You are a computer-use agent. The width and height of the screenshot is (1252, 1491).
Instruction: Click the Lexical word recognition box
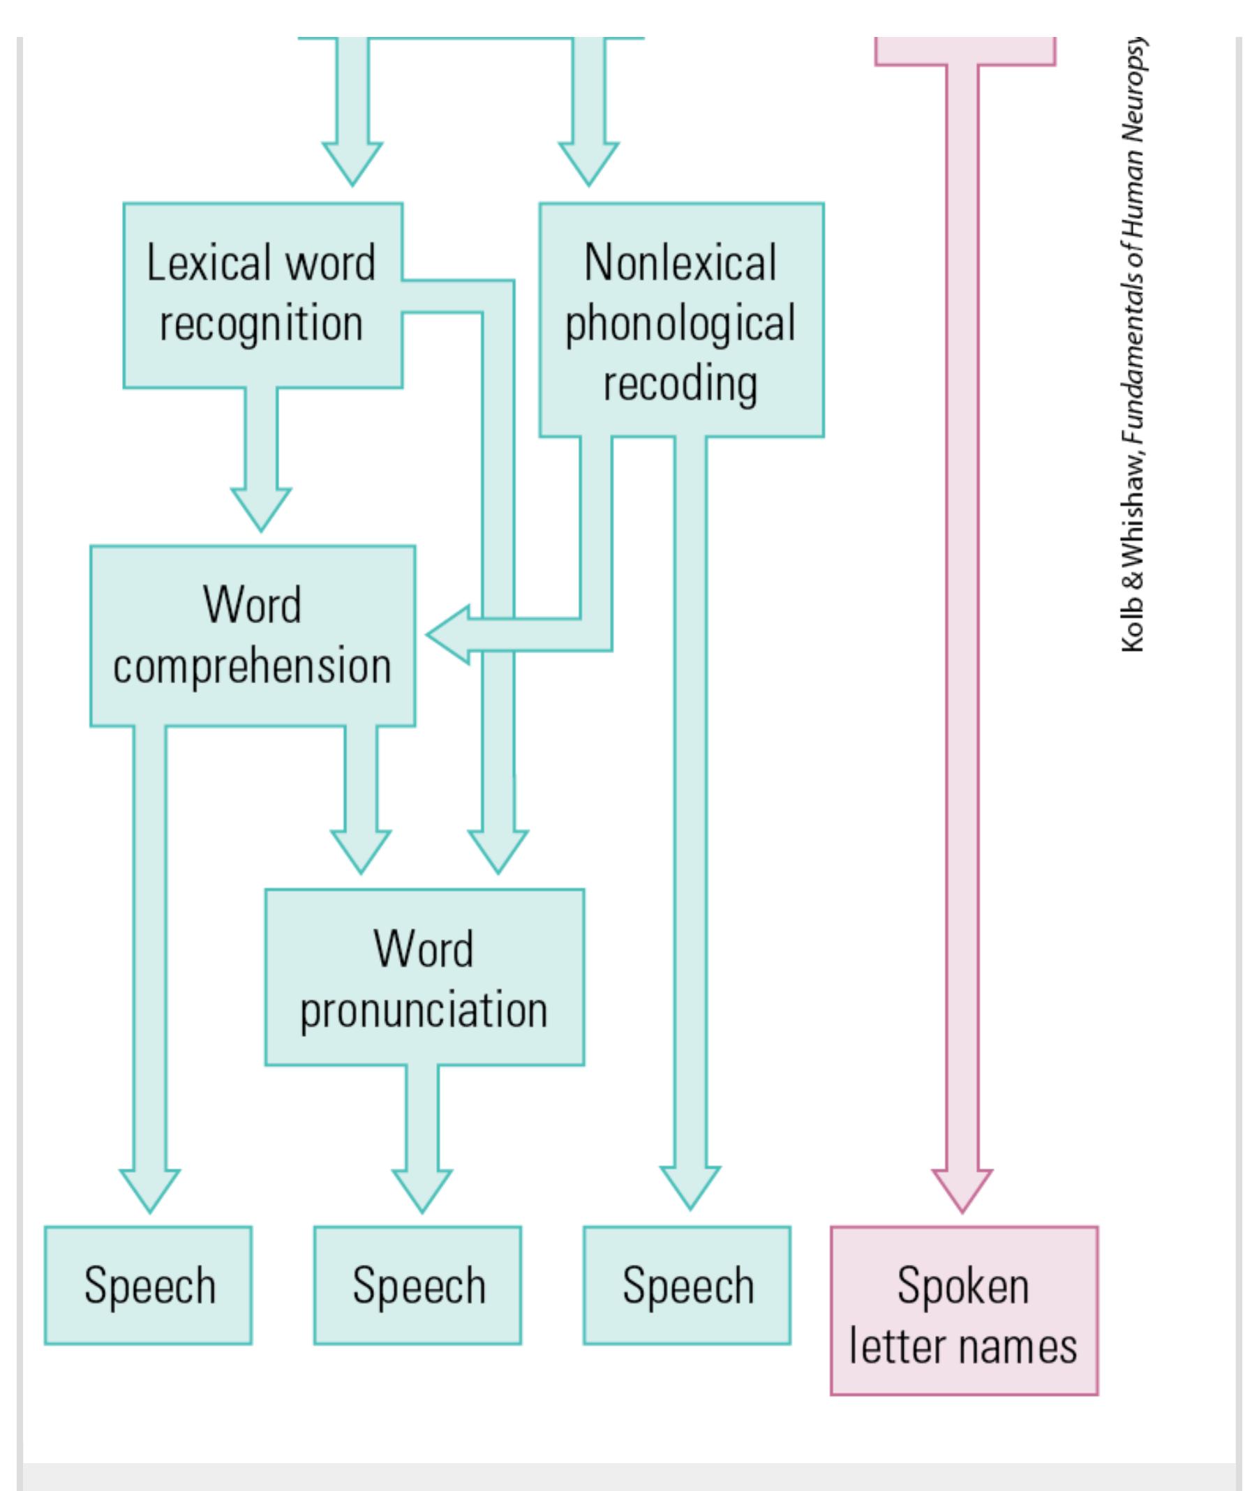(x=263, y=294)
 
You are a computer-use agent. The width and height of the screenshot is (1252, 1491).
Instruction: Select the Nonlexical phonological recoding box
(x=681, y=320)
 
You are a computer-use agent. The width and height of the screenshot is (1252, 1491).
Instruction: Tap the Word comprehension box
(x=252, y=636)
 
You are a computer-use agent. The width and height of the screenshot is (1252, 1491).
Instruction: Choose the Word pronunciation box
(x=424, y=977)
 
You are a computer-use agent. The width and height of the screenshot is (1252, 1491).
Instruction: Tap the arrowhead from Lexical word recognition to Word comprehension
(x=260, y=509)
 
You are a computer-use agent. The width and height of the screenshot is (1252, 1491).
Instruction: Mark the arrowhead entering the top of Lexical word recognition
(x=352, y=163)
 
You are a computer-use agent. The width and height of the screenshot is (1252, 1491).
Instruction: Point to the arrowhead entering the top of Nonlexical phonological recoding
(x=589, y=163)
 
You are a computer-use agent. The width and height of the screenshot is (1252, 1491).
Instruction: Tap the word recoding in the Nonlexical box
(x=680, y=384)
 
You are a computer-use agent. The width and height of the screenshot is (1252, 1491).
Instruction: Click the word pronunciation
(x=424, y=1010)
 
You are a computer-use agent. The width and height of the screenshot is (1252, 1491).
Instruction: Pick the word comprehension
(x=252, y=667)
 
